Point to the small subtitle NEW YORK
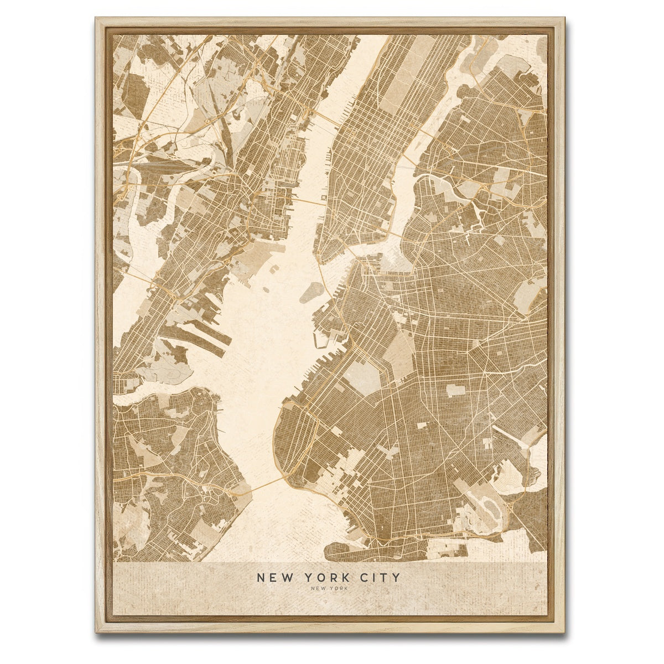(x=329, y=589)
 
